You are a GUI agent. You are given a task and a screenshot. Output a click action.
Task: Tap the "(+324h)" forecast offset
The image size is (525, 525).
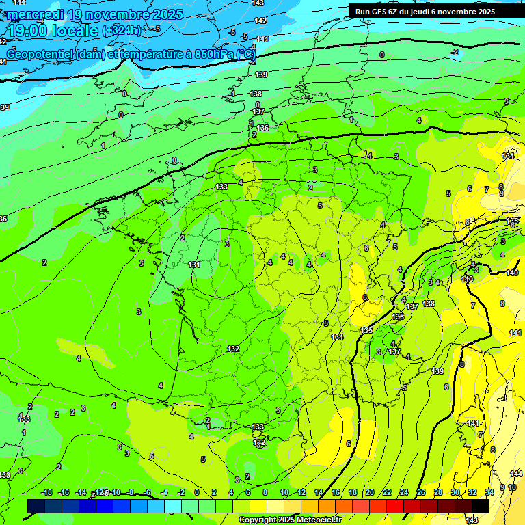pos(123,31)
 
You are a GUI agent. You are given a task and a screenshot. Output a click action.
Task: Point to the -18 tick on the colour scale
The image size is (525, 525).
pos(46,493)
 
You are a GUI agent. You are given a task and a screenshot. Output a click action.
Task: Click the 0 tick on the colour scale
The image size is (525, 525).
pos(197,493)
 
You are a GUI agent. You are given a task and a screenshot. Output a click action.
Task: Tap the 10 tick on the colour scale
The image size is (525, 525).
pos(284,493)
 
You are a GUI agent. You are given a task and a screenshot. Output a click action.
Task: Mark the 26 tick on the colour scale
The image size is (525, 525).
pos(420,493)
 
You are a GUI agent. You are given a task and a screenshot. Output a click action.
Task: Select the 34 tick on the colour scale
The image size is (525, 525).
pos(489,493)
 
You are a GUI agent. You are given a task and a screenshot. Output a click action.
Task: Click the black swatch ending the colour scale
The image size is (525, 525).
pos(481,506)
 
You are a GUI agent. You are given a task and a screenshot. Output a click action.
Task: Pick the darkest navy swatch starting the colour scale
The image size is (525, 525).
pos(36,506)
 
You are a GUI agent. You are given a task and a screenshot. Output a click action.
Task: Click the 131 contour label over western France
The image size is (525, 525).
pos(194,265)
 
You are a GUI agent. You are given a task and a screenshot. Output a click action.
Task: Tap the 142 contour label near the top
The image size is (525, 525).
pos(260,21)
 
